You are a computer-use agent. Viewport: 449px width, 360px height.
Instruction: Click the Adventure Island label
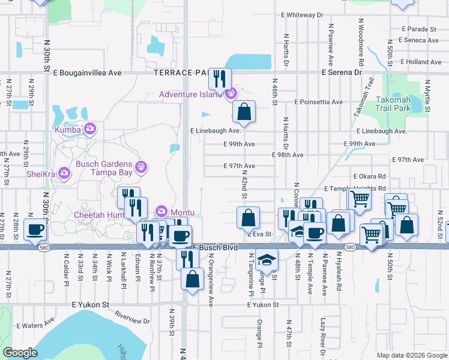click(191, 94)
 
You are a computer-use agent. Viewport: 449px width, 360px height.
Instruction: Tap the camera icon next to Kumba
click(90, 128)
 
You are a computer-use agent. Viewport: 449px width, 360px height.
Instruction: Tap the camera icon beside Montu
click(161, 211)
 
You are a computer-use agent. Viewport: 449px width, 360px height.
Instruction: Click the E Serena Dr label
click(342, 72)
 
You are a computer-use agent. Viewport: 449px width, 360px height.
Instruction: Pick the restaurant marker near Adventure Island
click(219, 78)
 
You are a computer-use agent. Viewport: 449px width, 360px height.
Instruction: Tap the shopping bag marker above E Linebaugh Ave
click(244, 111)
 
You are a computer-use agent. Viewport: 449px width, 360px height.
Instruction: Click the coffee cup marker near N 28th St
click(36, 229)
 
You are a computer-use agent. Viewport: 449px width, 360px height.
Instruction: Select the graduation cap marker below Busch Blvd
click(266, 259)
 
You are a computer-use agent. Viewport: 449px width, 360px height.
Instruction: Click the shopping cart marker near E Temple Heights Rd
click(359, 199)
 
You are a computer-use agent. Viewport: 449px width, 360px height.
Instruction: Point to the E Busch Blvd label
click(214, 247)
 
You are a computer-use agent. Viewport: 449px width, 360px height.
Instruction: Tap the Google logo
click(20, 352)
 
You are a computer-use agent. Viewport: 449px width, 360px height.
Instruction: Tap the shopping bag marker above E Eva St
click(248, 217)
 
